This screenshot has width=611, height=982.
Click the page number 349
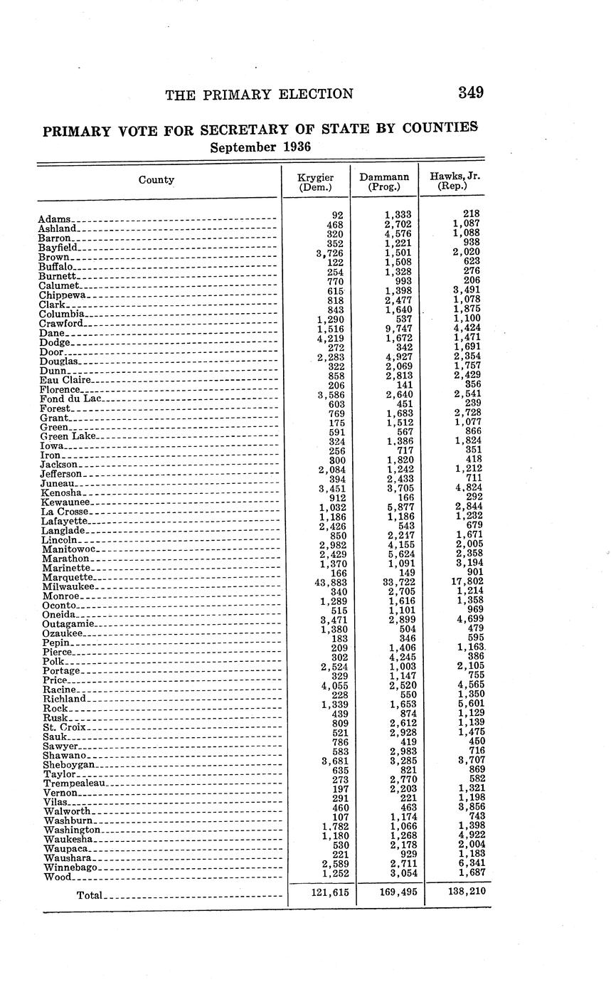pos(471,93)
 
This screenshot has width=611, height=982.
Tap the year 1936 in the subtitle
pos(294,147)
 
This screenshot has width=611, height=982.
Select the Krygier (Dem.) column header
pos(316,181)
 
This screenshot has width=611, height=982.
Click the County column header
pos(156,180)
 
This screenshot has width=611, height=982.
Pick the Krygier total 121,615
pos(329,892)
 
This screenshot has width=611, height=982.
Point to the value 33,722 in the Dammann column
pos(396,581)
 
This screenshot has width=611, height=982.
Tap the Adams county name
pos(55,220)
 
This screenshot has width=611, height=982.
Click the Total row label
pos(89,895)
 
